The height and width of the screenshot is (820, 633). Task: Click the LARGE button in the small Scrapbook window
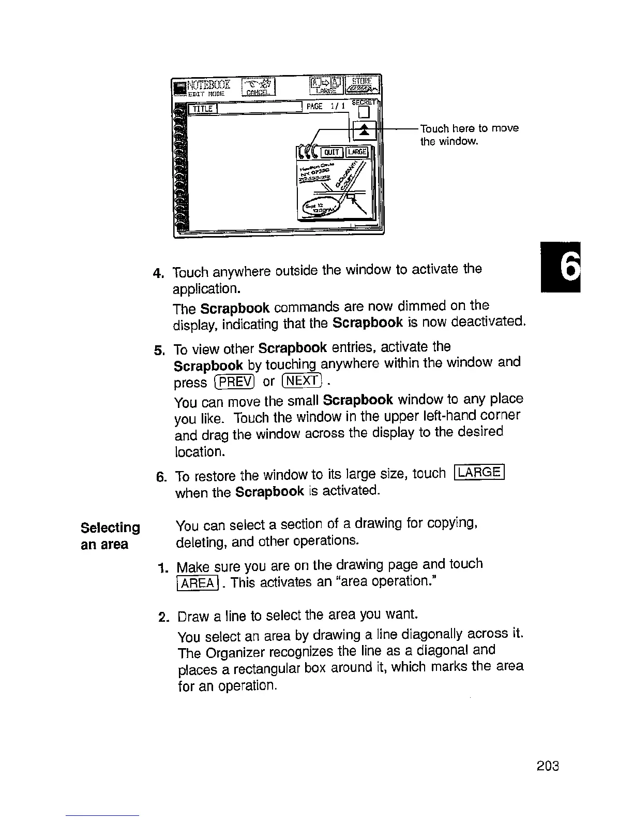point(357,151)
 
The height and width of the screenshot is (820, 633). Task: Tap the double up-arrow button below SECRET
point(365,129)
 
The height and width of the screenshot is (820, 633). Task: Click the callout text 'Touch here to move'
point(469,128)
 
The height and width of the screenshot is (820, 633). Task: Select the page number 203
point(548,766)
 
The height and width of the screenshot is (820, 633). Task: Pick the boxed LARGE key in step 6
point(478,473)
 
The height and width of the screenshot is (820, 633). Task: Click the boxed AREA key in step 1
point(198,582)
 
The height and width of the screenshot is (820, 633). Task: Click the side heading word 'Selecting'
point(110,528)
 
